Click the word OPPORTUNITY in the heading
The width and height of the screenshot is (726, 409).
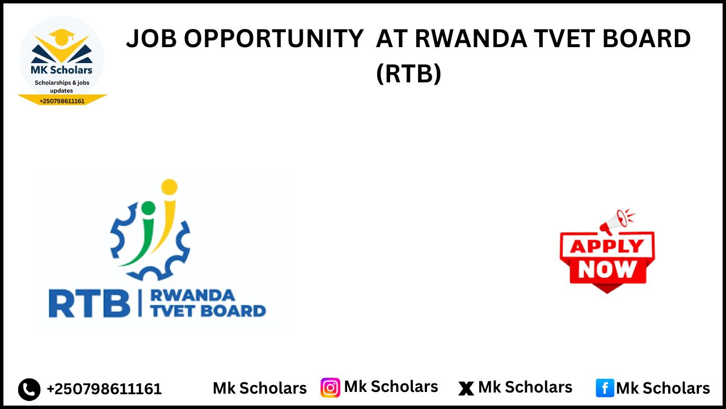(273, 39)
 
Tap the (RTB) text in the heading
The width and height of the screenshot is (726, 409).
(408, 73)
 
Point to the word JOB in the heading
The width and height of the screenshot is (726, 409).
(150, 39)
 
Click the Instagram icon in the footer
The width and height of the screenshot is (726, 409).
(330, 387)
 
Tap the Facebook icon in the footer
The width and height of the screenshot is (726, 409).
(605, 388)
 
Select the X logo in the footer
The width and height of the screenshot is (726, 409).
(466, 389)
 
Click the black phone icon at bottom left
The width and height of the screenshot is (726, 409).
(29, 389)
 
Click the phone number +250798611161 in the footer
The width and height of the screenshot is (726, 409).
(104, 389)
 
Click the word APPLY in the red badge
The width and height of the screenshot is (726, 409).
(607, 246)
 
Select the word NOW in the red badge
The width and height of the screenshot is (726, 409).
(607, 269)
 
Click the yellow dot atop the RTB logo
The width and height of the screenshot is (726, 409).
(169, 187)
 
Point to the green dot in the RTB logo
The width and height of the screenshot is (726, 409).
(148, 207)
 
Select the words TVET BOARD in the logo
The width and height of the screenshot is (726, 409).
(208, 311)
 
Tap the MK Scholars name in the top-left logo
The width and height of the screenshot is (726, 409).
(61, 70)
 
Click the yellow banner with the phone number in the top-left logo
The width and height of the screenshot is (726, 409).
(62, 101)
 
